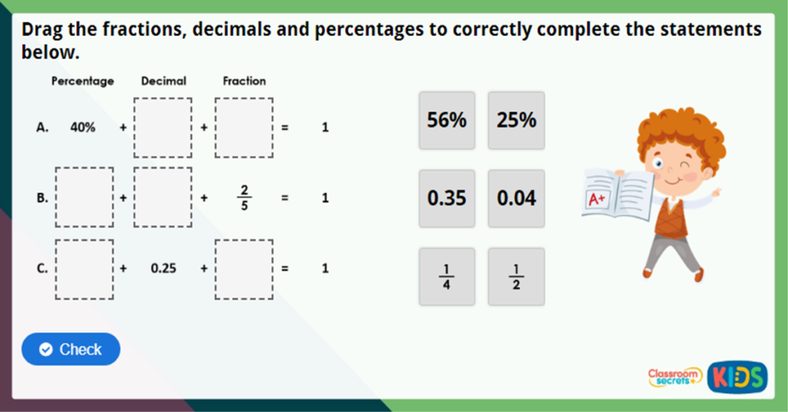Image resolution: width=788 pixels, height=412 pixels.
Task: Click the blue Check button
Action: [x=71, y=349]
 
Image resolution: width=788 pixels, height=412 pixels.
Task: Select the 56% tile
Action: [x=447, y=120]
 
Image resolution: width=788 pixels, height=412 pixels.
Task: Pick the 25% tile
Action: [x=516, y=120]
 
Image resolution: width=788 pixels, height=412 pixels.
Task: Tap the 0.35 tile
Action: [x=447, y=199]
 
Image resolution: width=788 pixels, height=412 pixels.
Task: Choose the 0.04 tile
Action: [x=516, y=199]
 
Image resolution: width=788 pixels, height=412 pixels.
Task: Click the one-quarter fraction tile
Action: [x=447, y=276]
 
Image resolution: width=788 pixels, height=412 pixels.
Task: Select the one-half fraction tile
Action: [x=516, y=276]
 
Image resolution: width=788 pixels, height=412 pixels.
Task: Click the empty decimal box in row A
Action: [x=163, y=128]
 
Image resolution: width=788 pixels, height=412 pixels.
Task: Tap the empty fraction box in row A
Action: [x=244, y=128]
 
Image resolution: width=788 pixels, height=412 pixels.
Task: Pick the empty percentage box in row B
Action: [x=85, y=198]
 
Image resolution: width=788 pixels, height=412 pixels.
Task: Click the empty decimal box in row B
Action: [x=163, y=198]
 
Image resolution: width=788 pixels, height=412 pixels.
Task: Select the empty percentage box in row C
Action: [x=85, y=269]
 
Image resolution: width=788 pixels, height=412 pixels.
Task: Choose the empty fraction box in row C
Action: [x=244, y=269]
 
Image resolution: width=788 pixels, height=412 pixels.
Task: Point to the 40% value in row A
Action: [x=83, y=128]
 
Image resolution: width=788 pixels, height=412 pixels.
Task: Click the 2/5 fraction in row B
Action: [x=244, y=198]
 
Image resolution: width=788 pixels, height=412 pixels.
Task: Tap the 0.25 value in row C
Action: [x=163, y=269]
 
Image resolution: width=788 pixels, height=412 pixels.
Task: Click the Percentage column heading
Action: [x=82, y=81]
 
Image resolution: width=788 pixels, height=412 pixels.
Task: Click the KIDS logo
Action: [x=738, y=377]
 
